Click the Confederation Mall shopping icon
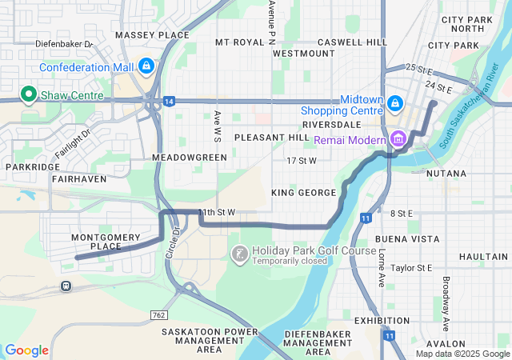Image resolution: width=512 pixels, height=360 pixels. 146,66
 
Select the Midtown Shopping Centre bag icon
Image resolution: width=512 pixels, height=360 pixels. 395,103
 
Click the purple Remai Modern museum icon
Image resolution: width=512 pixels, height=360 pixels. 398,140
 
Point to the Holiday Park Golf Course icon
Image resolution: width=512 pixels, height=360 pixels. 238,254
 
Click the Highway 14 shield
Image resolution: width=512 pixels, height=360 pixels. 169,101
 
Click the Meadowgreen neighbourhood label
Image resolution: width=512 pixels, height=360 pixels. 190,158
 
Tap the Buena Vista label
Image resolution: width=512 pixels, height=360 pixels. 408,238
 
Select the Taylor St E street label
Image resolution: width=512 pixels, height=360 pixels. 413,268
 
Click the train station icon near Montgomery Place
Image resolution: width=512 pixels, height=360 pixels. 66,285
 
